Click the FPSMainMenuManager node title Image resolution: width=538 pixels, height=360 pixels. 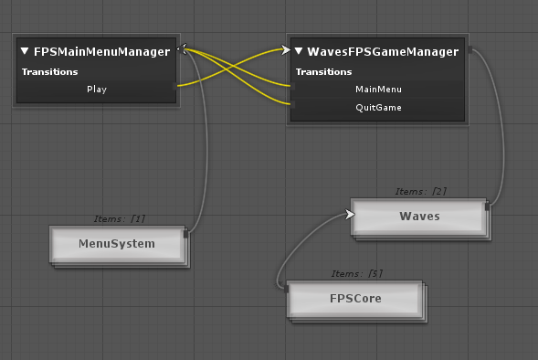coord(102,52)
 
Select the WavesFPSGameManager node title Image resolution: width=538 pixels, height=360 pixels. coord(382,52)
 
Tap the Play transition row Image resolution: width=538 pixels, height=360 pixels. coord(96,90)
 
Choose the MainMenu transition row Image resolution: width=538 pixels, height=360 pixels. coord(378,90)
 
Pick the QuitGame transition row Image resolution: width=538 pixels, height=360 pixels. coord(378,108)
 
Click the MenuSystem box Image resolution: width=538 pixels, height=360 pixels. coord(117,244)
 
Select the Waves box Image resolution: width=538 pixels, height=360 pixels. coord(419,217)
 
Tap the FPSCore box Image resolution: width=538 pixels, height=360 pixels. coord(355,299)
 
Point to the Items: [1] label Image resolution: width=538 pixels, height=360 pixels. coord(120,219)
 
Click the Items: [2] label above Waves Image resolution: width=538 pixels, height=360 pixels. coord(421,192)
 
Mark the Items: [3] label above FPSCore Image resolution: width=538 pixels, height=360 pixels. coord(356,274)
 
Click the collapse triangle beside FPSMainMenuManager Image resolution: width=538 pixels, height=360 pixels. coord(26,52)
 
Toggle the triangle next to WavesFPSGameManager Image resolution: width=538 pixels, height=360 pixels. coord(299,52)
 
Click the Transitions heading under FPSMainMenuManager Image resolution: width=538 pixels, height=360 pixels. coord(49,71)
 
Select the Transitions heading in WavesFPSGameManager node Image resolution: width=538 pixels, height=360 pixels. coord(323,71)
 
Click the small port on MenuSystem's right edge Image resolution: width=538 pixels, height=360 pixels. coord(186,235)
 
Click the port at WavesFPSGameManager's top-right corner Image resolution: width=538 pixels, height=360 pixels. coord(469,49)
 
